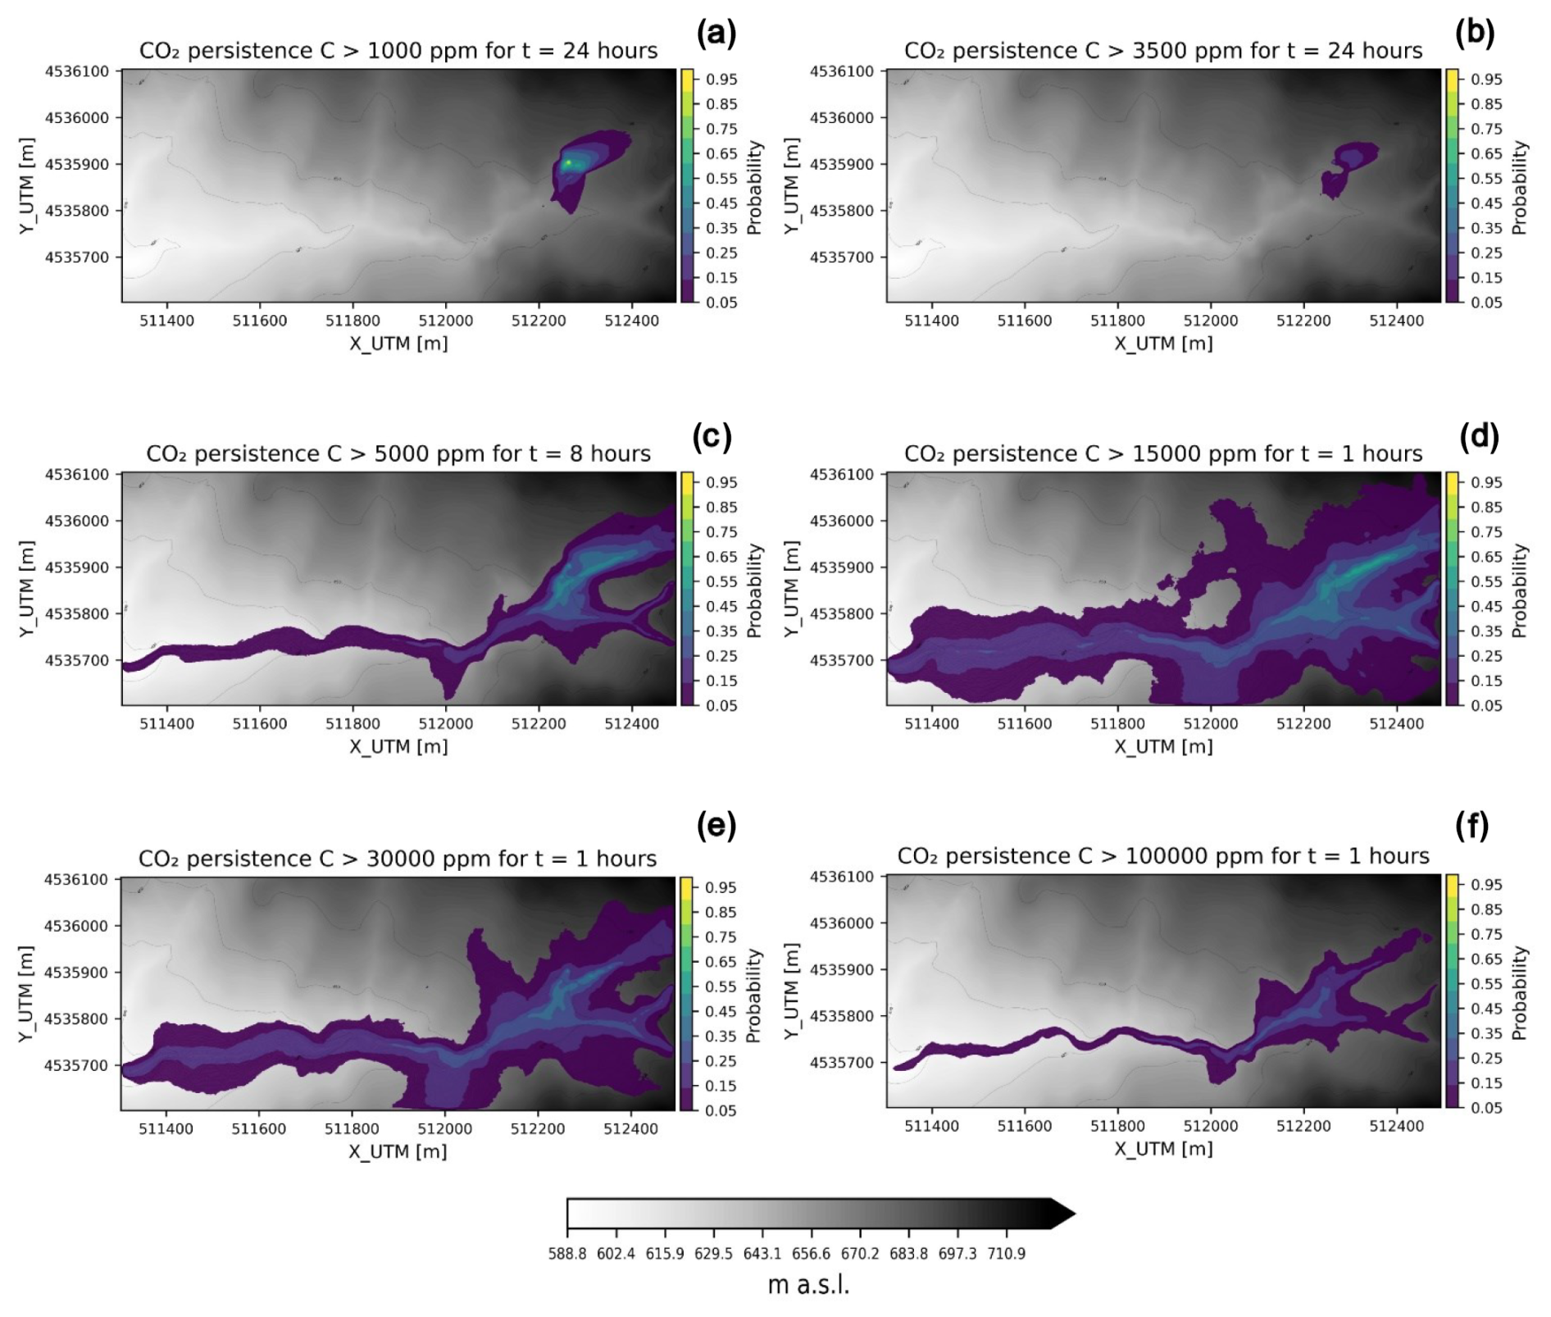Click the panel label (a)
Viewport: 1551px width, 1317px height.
(716, 33)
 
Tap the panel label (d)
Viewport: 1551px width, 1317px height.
(1479, 436)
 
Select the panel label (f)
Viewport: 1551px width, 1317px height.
(1471, 826)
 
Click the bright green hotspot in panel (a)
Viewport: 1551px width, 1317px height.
(568, 163)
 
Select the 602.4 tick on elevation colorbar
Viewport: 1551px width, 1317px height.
(616, 1254)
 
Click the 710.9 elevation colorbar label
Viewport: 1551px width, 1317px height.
(1006, 1254)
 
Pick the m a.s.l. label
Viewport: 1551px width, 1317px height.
(808, 1285)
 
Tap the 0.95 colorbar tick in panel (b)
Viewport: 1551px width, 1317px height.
(1485, 80)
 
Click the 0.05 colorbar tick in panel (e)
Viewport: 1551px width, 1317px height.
(721, 1110)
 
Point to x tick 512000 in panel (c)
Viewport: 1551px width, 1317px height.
(445, 724)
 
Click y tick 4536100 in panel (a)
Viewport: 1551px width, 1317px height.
(76, 71)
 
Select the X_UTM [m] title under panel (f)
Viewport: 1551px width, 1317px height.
(1163, 1149)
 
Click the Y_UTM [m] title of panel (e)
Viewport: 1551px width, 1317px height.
(26, 994)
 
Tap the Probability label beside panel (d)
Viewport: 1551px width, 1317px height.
(1519, 590)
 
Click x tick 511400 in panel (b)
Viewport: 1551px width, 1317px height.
(931, 321)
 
